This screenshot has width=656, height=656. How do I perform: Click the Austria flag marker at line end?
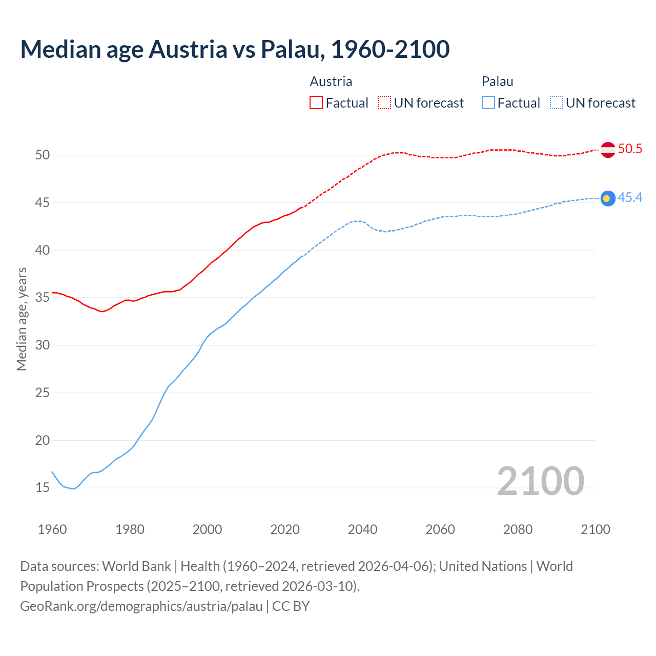pyautogui.click(x=608, y=150)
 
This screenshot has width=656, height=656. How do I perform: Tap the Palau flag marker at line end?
pyautogui.click(x=608, y=198)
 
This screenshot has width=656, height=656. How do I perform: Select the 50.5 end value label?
pyautogui.click(x=630, y=149)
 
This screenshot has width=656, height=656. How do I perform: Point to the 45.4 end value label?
pyautogui.click(x=630, y=198)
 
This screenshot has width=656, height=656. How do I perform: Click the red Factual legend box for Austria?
pyautogui.click(x=316, y=103)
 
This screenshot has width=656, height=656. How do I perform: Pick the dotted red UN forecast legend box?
pyautogui.click(x=384, y=103)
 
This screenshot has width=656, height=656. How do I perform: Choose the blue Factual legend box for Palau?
pyautogui.click(x=488, y=103)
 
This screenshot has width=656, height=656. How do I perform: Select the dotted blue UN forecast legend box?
pyautogui.click(x=557, y=103)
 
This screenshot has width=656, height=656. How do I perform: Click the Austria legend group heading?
pyautogui.click(x=331, y=81)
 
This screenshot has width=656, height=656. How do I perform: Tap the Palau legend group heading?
pyautogui.click(x=497, y=81)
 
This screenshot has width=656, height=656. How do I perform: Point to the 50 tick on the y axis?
pyautogui.click(x=43, y=155)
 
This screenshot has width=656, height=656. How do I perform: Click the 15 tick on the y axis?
pyautogui.click(x=43, y=488)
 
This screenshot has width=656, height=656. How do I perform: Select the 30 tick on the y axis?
pyautogui.click(x=43, y=345)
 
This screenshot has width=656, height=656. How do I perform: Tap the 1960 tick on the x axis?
pyautogui.click(x=52, y=529)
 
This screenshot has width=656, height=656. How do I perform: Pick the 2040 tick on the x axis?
pyautogui.click(x=363, y=529)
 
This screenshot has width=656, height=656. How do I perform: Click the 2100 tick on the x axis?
pyautogui.click(x=596, y=529)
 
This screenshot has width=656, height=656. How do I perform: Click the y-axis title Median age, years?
pyautogui.click(x=22, y=319)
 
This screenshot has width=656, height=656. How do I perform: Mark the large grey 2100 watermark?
pyautogui.click(x=541, y=481)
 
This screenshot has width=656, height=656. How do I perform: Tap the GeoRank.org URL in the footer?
pyautogui.click(x=141, y=606)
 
